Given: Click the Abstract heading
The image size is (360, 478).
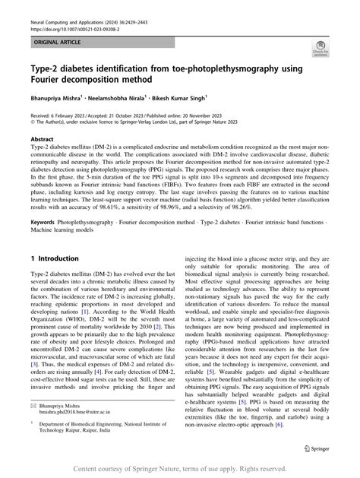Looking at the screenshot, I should coord(42,141).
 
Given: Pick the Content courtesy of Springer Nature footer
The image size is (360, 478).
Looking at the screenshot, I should coord(180,469).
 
